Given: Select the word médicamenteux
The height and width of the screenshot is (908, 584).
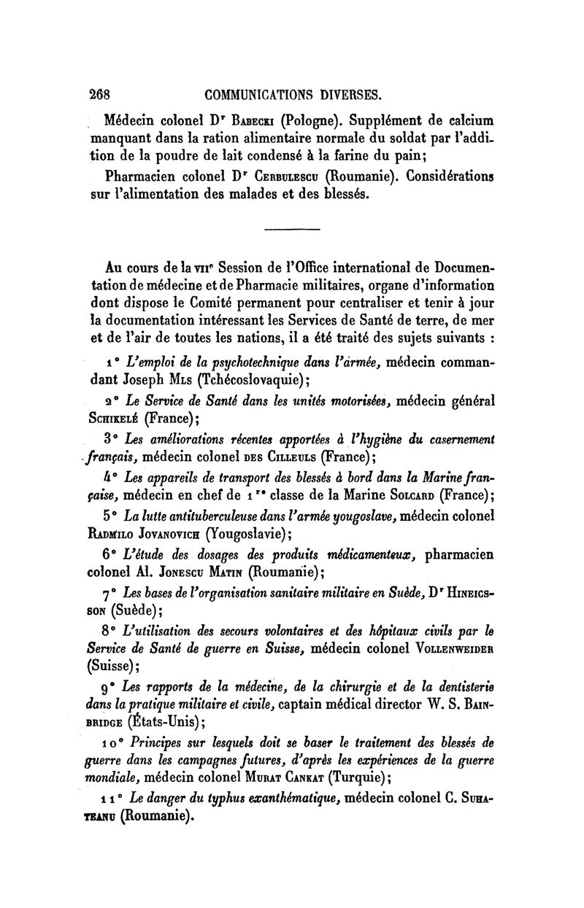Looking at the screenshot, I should [358, 552].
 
